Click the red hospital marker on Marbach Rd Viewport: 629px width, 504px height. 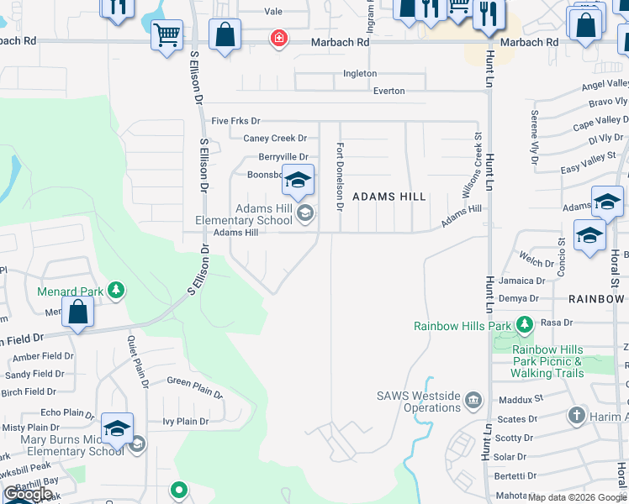[278, 39]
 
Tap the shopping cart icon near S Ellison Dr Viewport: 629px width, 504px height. [167, 35]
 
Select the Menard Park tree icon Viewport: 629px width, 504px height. [116, 291]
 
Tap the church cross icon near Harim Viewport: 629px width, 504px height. [576, 415]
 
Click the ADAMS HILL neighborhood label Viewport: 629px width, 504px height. [389, 197]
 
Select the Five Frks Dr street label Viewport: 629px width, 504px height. [236, 121]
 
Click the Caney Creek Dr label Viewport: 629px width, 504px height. [275, 139]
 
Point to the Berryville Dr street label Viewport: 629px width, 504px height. [283, 157]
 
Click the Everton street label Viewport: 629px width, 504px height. [388, 91]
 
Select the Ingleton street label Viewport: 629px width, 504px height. [360, 74]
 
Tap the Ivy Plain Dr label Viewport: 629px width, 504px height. [184, 422]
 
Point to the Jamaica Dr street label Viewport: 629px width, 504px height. [521, 281]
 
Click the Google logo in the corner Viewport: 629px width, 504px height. [29, 494]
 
